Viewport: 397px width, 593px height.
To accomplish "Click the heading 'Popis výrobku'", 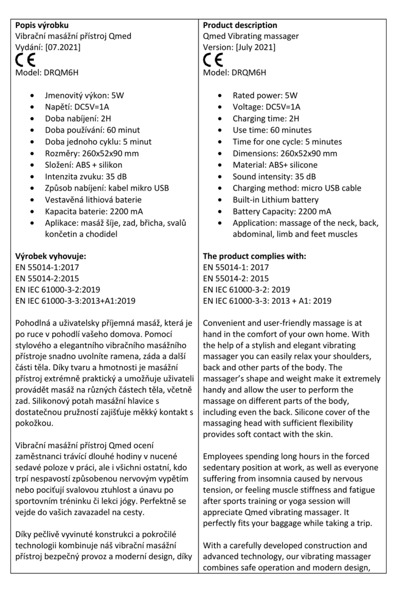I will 42,25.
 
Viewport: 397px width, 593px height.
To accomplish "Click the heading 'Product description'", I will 240,25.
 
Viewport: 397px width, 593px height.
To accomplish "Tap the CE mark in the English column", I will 213,60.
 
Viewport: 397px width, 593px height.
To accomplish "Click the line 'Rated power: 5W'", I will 265,95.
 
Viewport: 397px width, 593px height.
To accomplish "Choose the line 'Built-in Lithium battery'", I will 276,200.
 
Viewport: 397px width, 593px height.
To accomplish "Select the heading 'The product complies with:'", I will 255,256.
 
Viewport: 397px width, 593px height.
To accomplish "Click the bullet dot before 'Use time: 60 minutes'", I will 222,131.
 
